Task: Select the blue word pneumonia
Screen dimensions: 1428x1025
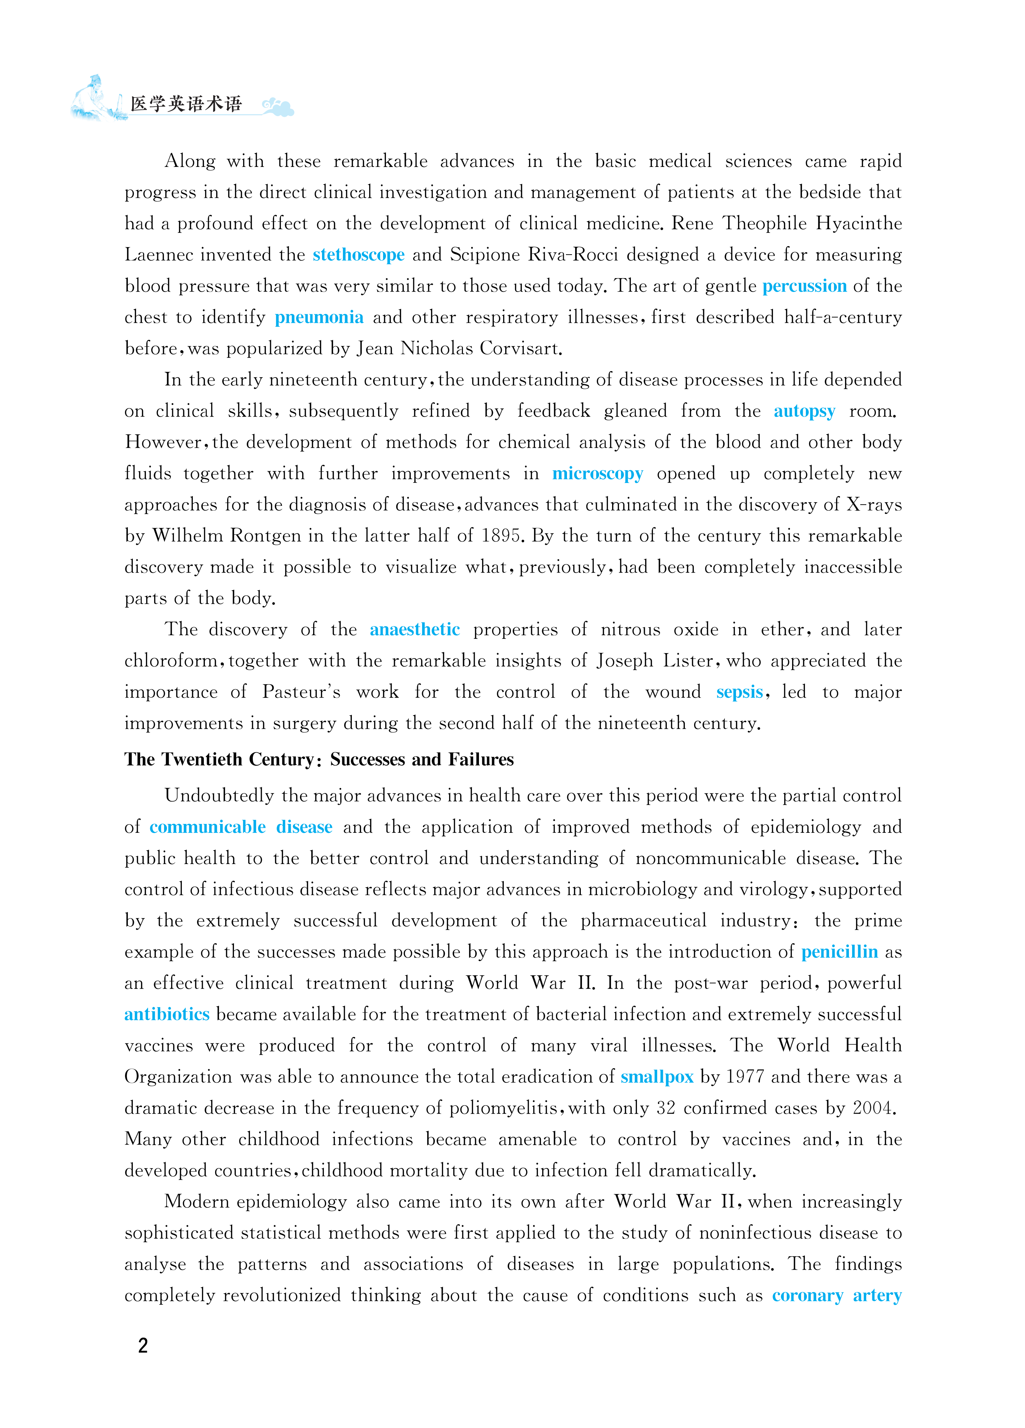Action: tap(318, 317)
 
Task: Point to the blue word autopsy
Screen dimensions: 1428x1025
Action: tap(804, 412)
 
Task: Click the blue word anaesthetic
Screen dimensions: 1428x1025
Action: tap(414, 630)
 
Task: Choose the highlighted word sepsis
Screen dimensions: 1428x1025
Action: tap(739, 692)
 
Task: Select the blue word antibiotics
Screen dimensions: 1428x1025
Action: tap(167, 1014)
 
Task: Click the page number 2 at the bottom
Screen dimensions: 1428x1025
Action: tap(143, 1346)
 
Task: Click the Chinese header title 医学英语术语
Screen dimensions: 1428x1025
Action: tap(186, 104)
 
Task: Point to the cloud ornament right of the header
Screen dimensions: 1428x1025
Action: tap(278, 107)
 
